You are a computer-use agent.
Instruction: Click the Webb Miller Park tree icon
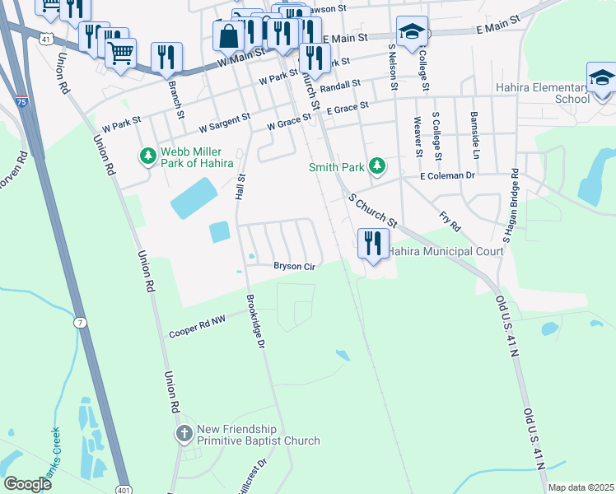tap(148, 156)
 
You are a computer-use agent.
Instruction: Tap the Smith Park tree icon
tap(377, 166)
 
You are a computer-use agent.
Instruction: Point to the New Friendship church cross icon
tap(183, 433)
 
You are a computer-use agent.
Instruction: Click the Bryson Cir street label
tap(295, 266)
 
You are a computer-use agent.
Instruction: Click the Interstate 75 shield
tap(20, 102)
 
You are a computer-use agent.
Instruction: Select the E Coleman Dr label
tap(447, 176)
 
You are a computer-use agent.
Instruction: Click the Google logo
tap(27, 484)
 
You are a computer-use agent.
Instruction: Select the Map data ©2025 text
tap(580, 487)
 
